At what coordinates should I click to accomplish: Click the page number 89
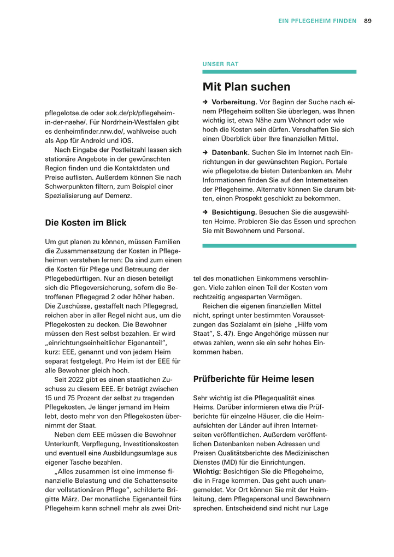[368, 21]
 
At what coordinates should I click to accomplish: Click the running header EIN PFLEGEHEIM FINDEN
[317, 21]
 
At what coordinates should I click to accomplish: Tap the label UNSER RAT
[220, 64]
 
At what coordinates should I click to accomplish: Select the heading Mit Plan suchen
[246, 87]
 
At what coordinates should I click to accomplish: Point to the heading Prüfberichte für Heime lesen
[254, 378]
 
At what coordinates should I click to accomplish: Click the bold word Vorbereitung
[234, 102]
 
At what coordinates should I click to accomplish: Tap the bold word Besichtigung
[234, 212]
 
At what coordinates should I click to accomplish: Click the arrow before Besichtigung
[205, 212]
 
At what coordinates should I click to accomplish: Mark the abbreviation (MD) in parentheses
[227, 462]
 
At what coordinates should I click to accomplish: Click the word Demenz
[117, 195]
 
